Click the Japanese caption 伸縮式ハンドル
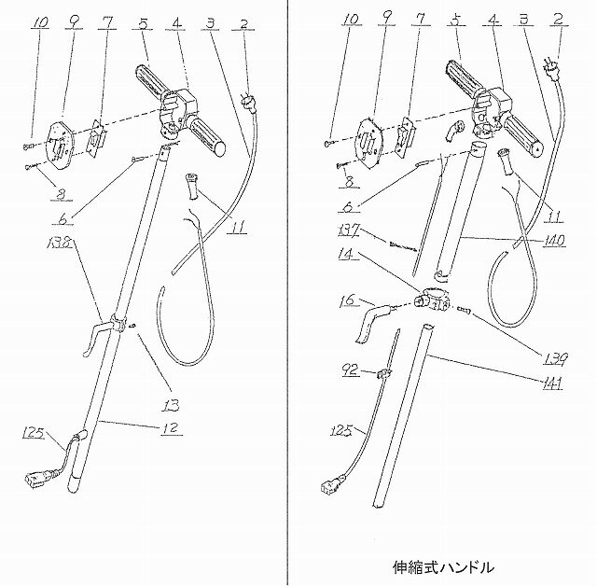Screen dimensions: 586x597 [x=444, y=565]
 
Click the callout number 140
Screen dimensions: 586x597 [x=550, y=239]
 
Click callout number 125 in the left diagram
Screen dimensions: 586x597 [x=31, y=431]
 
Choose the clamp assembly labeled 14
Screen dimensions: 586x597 [x=432, y=301]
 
